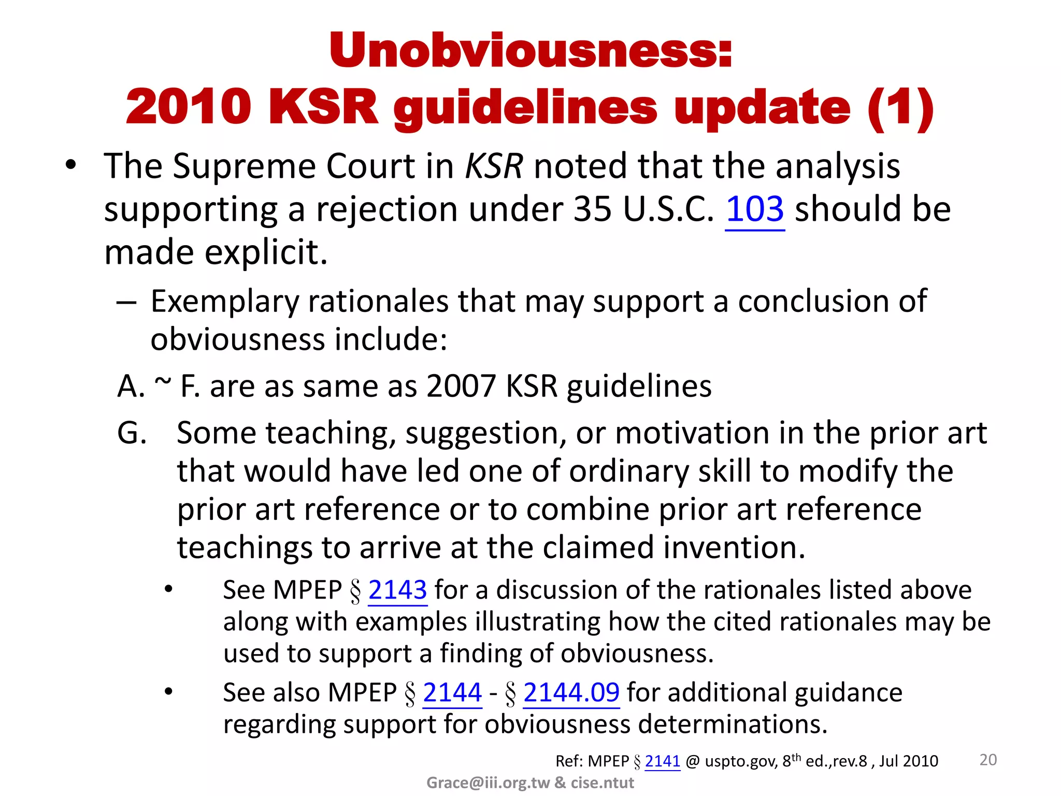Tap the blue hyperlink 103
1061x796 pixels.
point(755,209)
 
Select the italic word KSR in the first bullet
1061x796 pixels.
point(494,166)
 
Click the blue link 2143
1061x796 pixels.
point(397,590)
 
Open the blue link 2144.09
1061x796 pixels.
point(571,693)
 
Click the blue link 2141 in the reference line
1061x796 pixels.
point(662,761)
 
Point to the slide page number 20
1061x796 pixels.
point(988,760)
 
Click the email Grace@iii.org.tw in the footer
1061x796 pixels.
point(488,783)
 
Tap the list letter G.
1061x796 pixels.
point(132,433)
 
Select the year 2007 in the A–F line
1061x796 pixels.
point(461,387)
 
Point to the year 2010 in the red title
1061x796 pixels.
point(189,107)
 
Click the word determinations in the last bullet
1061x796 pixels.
point(733,724)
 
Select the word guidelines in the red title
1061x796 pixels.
point(525,107)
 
